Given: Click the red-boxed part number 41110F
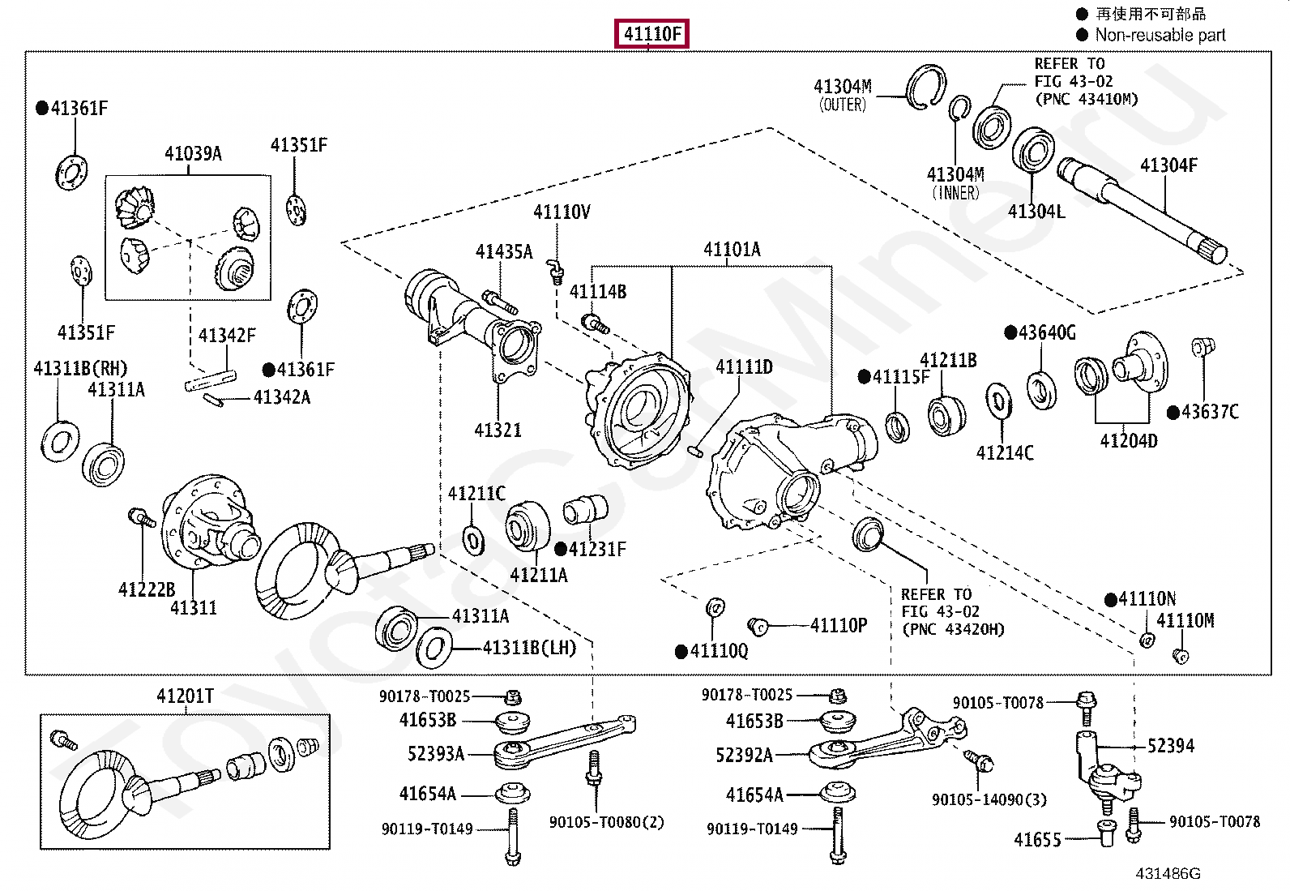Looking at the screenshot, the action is click(651, 33).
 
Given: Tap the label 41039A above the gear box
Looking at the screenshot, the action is click(193, 154).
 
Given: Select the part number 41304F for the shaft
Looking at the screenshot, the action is click(1168, 165).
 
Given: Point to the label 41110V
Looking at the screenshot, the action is click(562, 212).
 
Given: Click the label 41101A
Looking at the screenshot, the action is click(732, 250).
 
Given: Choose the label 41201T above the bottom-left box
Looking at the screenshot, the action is click(186, 696).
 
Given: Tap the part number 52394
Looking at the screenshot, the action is click(1171, 746).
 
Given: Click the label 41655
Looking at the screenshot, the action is click(1037, 840).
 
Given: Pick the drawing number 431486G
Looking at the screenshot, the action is click(1168, 874).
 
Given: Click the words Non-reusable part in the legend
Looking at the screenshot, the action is click(1160, 35).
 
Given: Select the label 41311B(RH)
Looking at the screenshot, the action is click(81, 368).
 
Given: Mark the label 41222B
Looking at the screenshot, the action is click(147, 589).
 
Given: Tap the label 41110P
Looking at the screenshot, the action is click(839, 625).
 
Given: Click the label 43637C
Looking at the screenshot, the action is click(1210, 412).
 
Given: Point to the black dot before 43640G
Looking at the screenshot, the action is click(1010, 332).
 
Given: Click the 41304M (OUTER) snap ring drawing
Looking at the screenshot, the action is click(925, 87).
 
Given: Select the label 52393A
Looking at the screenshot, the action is click(436, 754).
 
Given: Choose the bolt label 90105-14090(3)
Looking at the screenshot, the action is click(989, 800).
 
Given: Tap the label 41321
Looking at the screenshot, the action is click(498, 431).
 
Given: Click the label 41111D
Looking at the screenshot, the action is click(744, 367).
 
